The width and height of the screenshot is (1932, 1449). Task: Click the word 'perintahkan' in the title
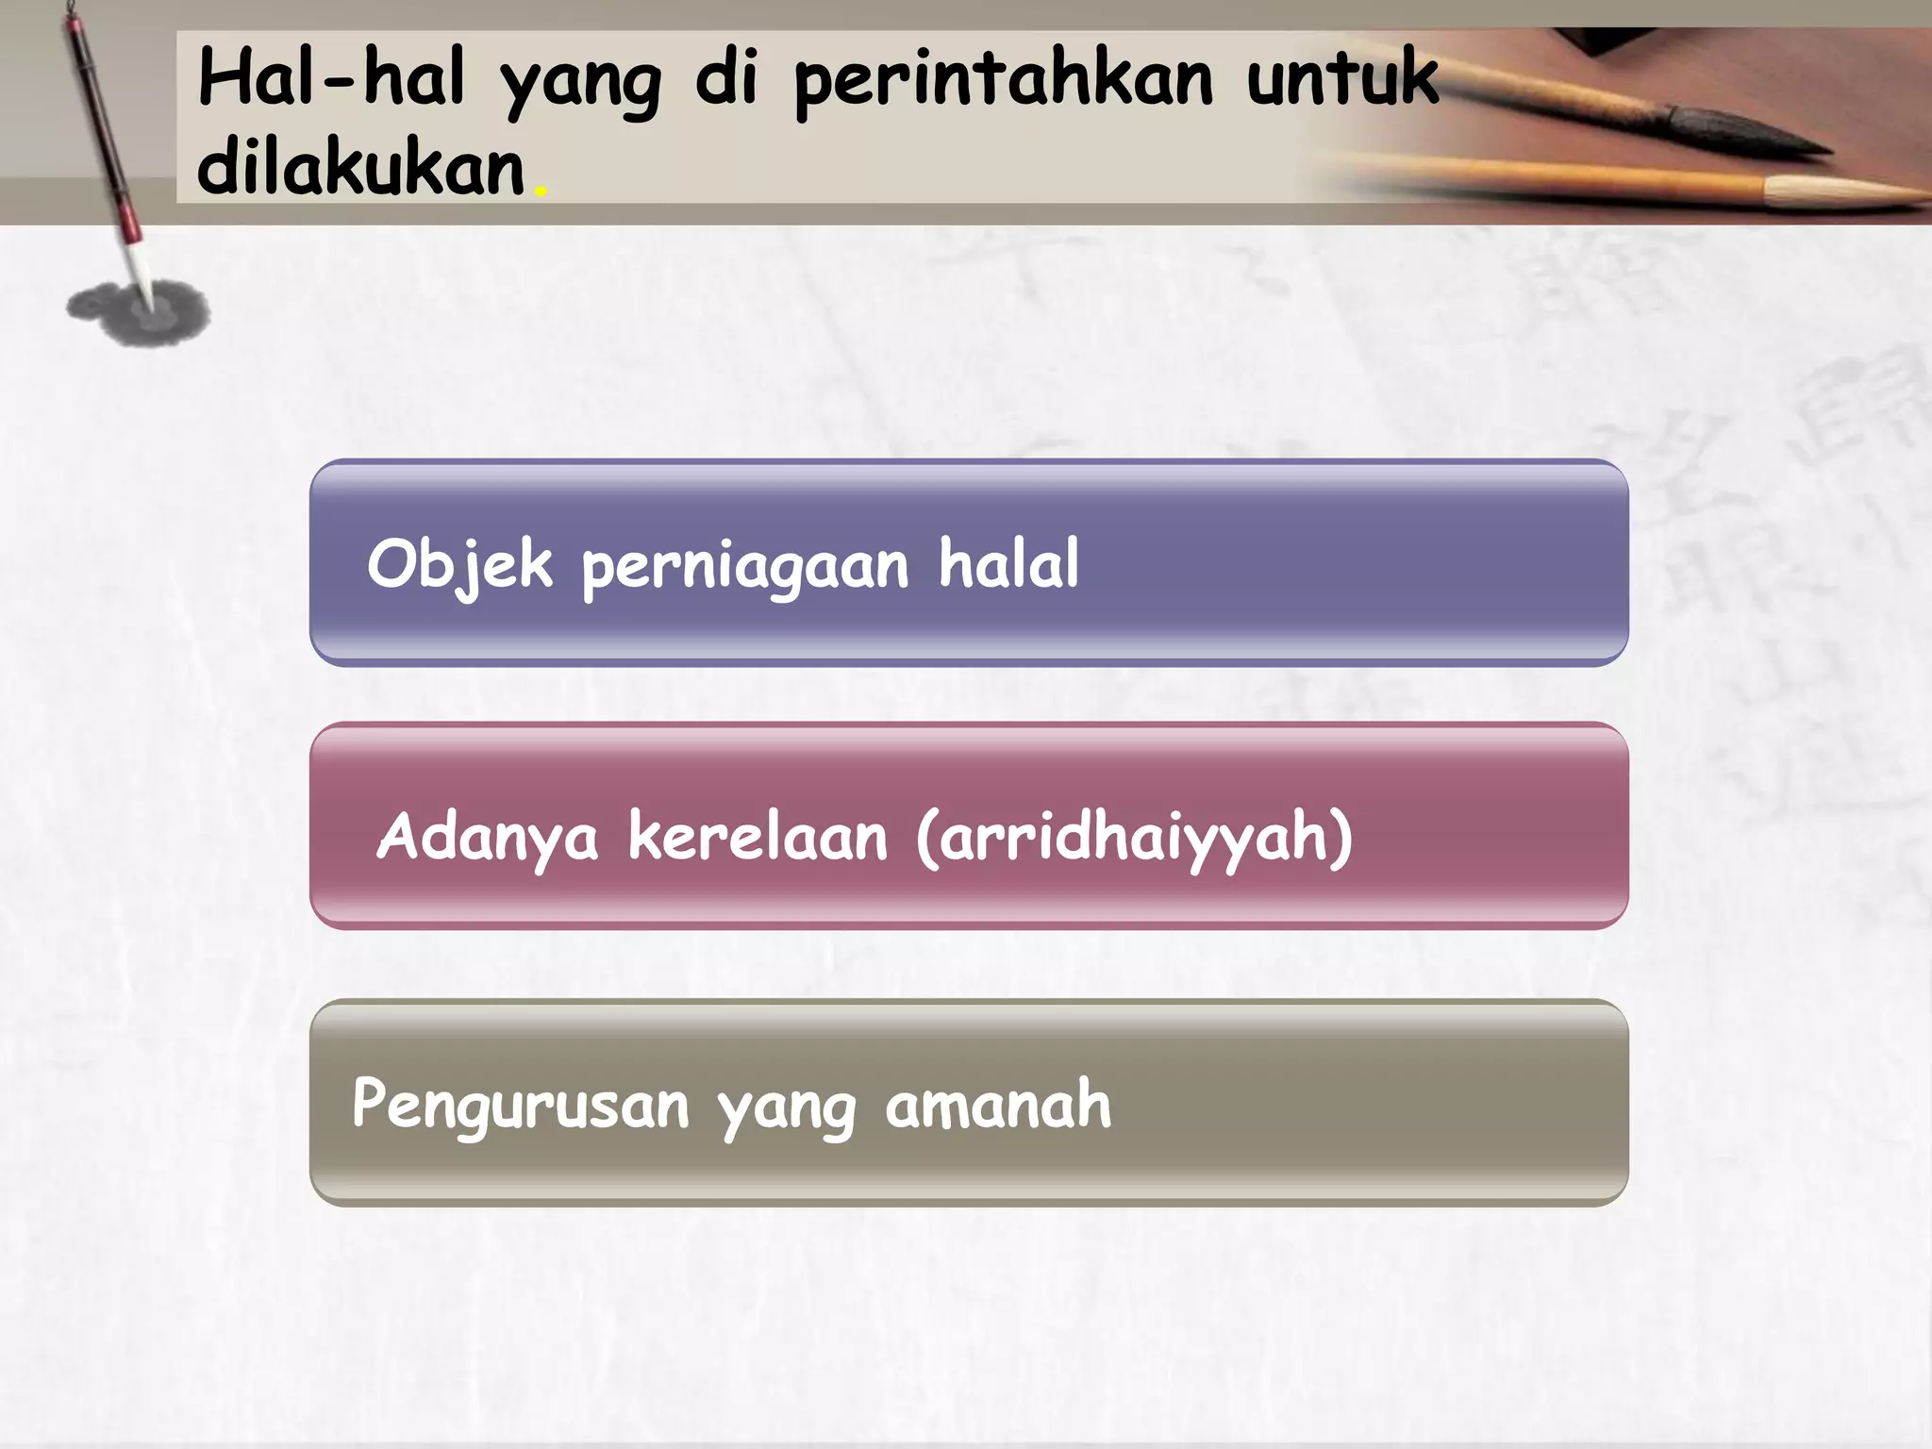[x=1003, y=81]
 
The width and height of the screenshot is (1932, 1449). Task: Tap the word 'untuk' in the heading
[x=1342, y=77]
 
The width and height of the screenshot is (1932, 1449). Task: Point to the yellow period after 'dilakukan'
[x=541, y=192]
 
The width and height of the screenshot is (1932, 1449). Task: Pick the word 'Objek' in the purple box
[x=459, y=565]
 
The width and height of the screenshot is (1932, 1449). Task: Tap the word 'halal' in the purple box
[x=1008, y=563]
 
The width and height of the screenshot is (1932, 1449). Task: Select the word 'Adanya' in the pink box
[x=487, y=838]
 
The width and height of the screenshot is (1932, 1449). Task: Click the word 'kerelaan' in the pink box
[x=758, y=836]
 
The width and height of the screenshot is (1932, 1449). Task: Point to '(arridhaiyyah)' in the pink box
[x=1134, y=838]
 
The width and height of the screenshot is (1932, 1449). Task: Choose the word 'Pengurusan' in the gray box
[x=520, y=1106]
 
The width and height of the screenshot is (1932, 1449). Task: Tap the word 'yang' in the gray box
[x=786, y=1109]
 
